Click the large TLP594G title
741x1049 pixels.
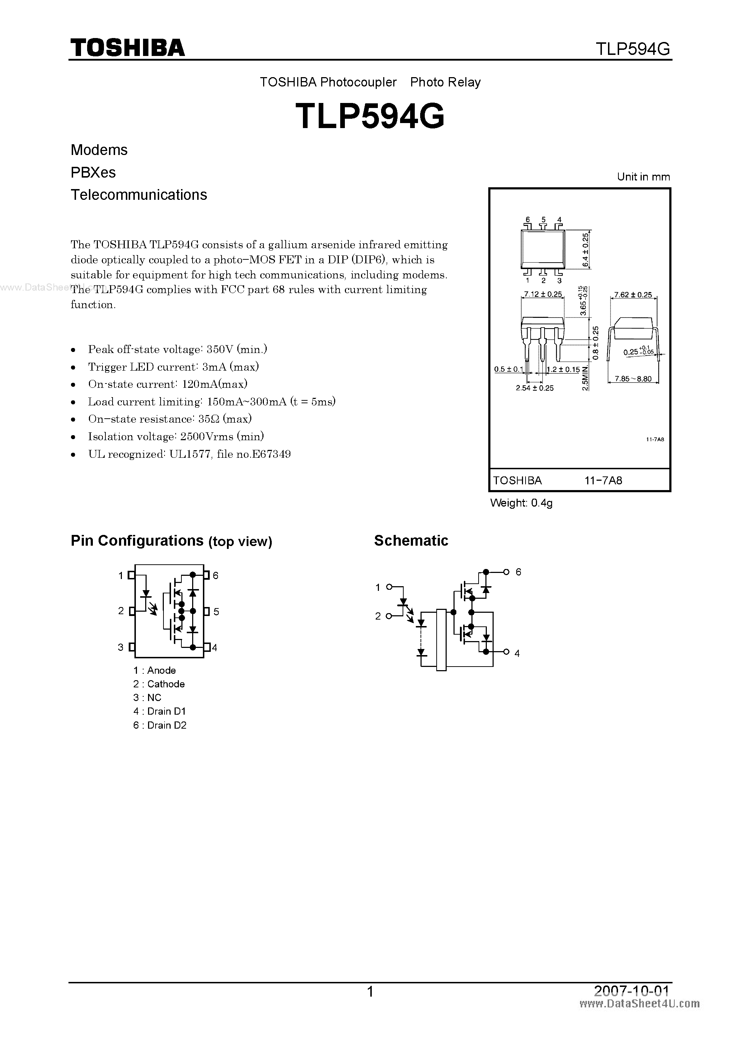[370, 116]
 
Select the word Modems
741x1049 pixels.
[99, 150]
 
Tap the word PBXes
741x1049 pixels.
[93, 172]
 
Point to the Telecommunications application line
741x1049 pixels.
[139, 195]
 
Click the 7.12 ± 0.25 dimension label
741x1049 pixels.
[543, 294]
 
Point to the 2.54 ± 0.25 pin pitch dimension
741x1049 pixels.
[535, 388]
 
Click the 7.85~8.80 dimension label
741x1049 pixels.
[633, 379]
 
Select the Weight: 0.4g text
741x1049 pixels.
[521, 503]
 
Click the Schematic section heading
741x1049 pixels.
[411, 541]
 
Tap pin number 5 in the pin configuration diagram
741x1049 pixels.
[217, 611]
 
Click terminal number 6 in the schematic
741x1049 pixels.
[518, 572]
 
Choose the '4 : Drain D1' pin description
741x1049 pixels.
[159, 711]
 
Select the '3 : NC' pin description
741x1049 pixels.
[147, 698]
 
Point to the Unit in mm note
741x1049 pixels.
[643, 177]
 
